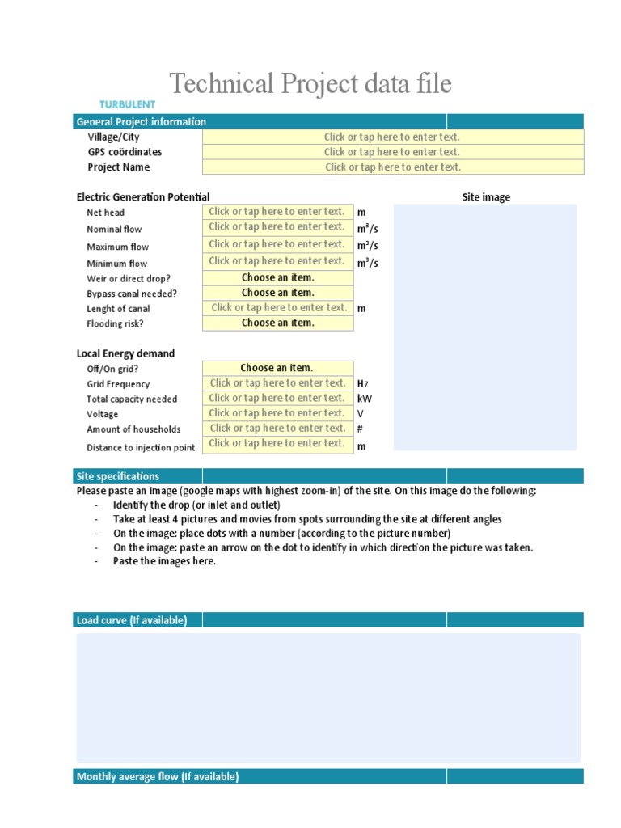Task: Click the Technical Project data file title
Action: click(310, 83)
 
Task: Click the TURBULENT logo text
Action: click(127, 104)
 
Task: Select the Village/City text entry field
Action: click(392, 137)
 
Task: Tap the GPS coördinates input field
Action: click(392, 152)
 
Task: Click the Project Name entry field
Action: click(392, 167)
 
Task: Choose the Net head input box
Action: click(277, 212)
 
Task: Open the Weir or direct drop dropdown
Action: click(277, 277)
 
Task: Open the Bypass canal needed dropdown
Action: click(277, 293)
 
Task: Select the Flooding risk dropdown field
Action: click(277, 323)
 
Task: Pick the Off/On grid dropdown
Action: click(277, 368)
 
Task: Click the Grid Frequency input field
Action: click(277, 383)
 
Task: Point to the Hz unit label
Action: click(363, 384)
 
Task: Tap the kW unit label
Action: click(365, 399)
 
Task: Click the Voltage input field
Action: click(277, 413)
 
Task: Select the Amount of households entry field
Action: click(277, 429)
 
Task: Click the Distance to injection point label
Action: click(141, 448)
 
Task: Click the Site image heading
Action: click(486, 197)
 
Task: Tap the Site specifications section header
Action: click(118, 476)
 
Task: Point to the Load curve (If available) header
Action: click(131, 620)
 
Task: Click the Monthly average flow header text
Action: click(157, 777)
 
